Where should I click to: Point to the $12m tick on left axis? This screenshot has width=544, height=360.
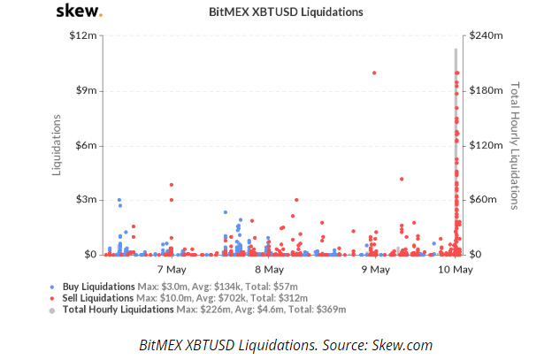coord(84,35)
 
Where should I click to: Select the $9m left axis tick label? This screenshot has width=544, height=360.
coord(86,90)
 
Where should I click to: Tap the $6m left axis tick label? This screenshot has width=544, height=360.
coord(86,145)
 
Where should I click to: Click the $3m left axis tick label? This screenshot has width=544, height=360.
coord(86,200)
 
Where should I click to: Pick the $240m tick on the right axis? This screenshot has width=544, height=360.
coord(486,35)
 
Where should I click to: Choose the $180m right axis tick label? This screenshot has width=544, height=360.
coord(486,90)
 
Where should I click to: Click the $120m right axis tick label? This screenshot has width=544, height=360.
coord(486,145)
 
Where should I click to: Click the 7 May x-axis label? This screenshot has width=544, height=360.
coord(171,269)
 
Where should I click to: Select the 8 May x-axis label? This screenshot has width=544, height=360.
coord(269,269)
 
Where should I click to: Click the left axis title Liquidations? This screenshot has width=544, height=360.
coord(57,144)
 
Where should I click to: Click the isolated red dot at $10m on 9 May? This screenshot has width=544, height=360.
coord(374,73)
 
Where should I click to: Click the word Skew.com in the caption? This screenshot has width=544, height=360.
coord(403,344)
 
